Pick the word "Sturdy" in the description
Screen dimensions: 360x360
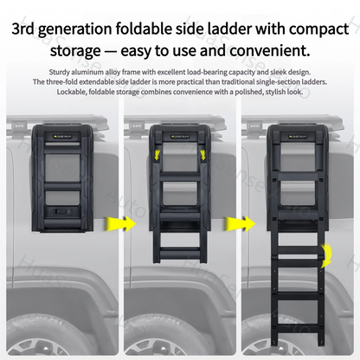[x=78, y=71]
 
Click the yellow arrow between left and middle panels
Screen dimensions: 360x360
[x=117, y=224]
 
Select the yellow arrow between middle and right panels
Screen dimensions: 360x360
[x=236, y=224]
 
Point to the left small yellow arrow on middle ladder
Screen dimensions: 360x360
[x=157, y=152]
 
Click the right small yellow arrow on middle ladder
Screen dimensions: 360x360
[x=203, y=152]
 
